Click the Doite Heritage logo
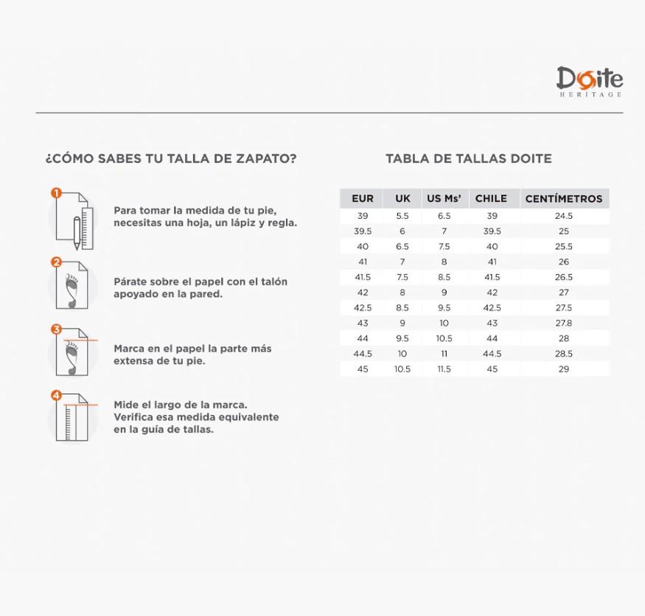click(590, 81)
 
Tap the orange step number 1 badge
click(56, 193)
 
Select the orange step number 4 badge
click(56, 395)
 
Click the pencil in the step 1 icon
click(77, 233)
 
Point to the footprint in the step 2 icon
click(72, 291)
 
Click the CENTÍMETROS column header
click(564, 199)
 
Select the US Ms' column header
click(444, 199)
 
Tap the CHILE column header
click(491, 199)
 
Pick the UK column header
click(402, 199)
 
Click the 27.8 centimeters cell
click(564, 323)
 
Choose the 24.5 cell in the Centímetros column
click(564, 216)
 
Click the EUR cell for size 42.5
click(363, 308)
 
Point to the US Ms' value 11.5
click(444, 369)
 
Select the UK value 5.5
click(402, 216)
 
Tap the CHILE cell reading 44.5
click(492, 354)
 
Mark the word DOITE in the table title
click(531, 158)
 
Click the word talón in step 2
click(273, 281)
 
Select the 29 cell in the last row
click(564, 369)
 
